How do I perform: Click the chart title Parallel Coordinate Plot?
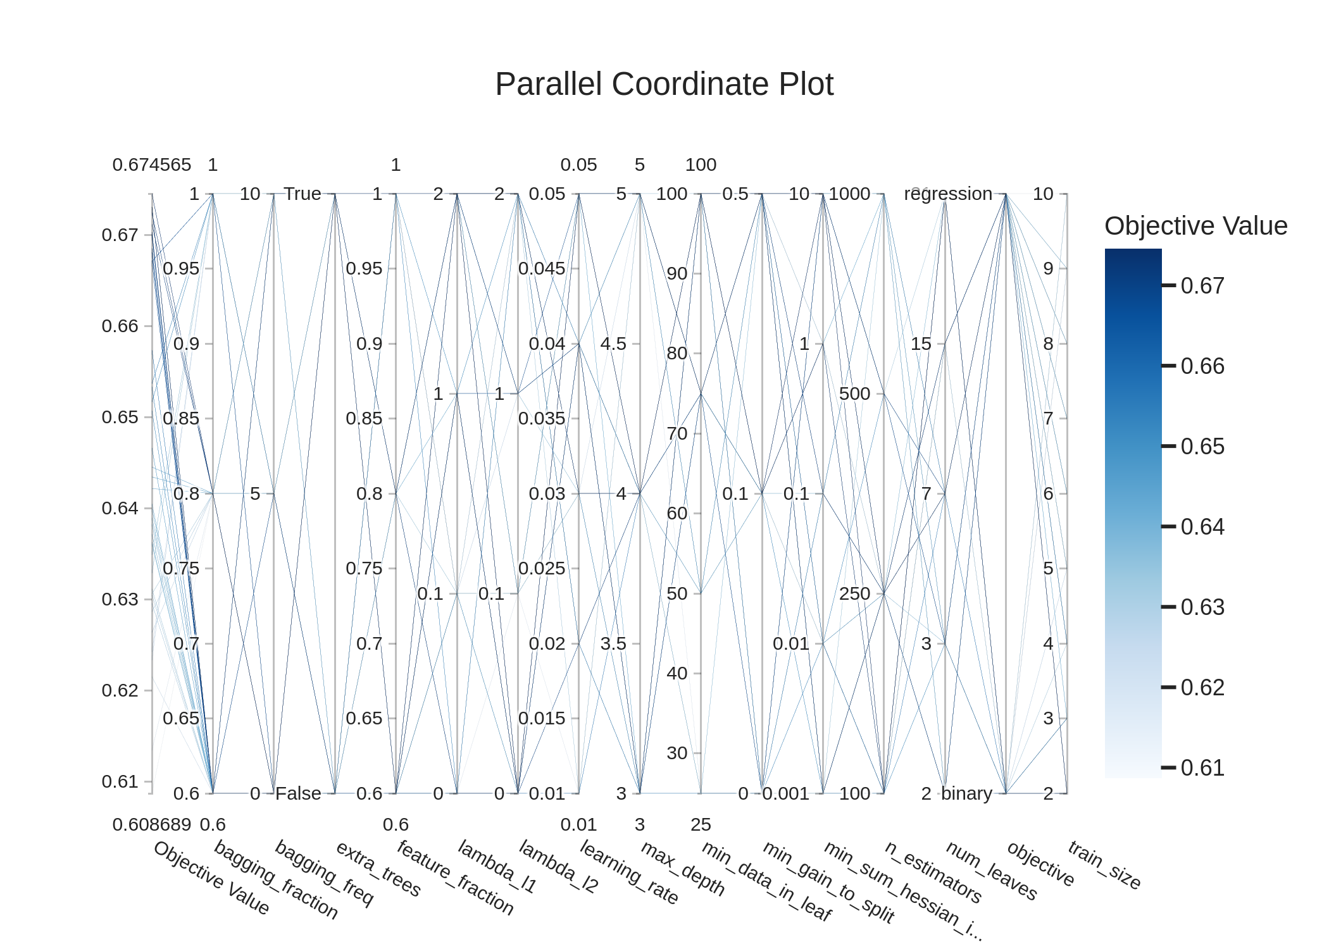pyautogui.click(x=664, y=84)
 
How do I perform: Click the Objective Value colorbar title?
pyautogui.click(x=1195, y=226)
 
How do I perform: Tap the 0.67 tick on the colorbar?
pyautogui.click(x=1202, y=286)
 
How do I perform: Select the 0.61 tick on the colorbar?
pyautogui.click(x=1202, y=768)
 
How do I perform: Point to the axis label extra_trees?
pyautogui.click(x=378, y=869)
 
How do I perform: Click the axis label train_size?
pyautogui.click(x=1104, y=865)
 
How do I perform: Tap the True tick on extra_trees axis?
pyautogui.click(x=303, y=194)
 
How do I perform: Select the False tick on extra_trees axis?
pyautogui.click(x=298, y=793)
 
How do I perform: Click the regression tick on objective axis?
pyautogui.click(x=947, y=194)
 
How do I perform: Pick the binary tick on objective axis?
pyautogui.click(x=966, y=793)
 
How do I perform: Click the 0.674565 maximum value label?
pyautogui.click(x=151, y=164)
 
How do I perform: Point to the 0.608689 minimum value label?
pyautogui.click(x=151, y=824)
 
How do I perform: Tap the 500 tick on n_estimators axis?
pyautogui.click(x=854, y=394)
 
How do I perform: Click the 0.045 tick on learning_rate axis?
pyautogui.click(x=542, y=268)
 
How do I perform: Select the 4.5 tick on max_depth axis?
pyautogui.click(x=613, y=344)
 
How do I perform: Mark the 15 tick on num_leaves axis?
pyautogui.click(x=921, y=344)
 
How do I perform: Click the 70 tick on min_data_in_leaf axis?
pyautogui.click(x=677, y=433)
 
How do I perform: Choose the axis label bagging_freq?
pyautogui.click(x=324, y=872)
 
